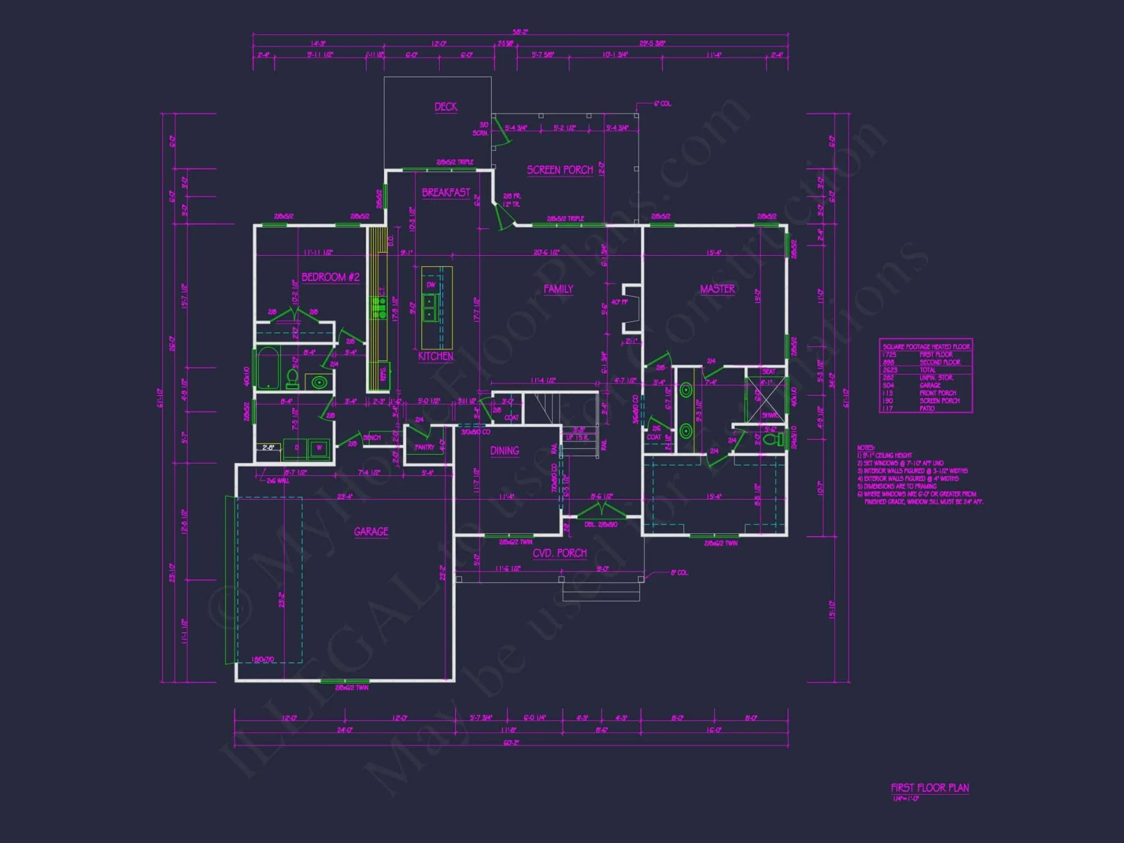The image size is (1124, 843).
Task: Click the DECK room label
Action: click(446, 107)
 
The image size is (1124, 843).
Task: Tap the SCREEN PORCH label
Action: click(560, 170)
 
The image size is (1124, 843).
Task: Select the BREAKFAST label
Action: click(446, 192)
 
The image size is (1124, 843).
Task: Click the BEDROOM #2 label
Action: click(330, 277)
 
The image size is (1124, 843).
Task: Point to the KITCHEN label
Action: click(436, 356)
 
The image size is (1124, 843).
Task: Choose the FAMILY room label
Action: click(558, 289)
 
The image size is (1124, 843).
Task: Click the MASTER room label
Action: click(717, 289)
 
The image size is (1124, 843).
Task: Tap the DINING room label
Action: click(504, 451)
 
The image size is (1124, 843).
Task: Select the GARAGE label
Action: click(371, 532)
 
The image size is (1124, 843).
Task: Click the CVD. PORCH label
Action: click(559, 553)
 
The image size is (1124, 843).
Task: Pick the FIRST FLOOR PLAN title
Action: click(930, 788)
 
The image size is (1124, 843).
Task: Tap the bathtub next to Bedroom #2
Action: click(269, 368)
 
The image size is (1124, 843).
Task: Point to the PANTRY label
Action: click(424, 447)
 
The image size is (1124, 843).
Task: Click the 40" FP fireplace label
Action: click(619, 302)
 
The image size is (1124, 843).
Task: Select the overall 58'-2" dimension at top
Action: click(520, 32)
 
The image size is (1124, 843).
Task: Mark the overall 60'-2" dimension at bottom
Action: click(511, 743)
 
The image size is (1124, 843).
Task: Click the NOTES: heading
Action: click(865, 448)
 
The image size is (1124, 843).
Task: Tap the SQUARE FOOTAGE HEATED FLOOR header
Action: click(926, 347)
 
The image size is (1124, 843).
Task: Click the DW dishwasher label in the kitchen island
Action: click(430, 285)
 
